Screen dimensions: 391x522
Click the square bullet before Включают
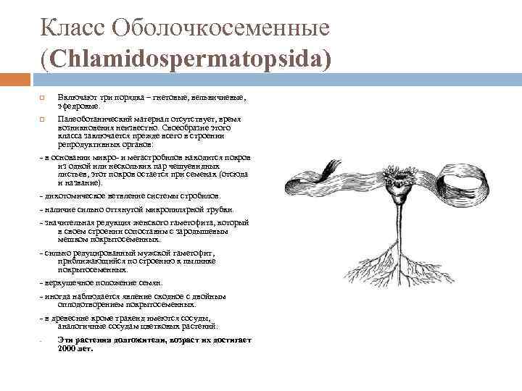[42, 97]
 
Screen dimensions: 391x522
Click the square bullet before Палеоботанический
[42, 119]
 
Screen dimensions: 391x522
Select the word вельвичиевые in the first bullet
[220, 97]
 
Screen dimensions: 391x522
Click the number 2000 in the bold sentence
[67, 348]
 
